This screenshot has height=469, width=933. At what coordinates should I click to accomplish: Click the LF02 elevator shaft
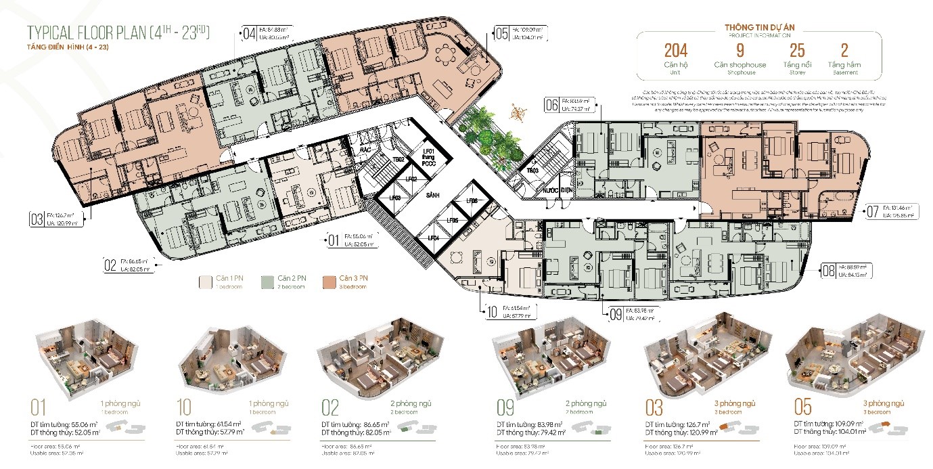[411, 180]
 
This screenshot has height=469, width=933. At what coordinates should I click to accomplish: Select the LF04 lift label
[433, 238]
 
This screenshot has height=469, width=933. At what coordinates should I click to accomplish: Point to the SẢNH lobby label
[433, 194]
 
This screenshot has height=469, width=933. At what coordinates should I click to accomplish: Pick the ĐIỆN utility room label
[566, 191]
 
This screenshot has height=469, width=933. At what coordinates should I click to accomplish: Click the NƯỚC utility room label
[548, 191]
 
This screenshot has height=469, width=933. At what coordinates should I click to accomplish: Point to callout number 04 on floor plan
[249, 32]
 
